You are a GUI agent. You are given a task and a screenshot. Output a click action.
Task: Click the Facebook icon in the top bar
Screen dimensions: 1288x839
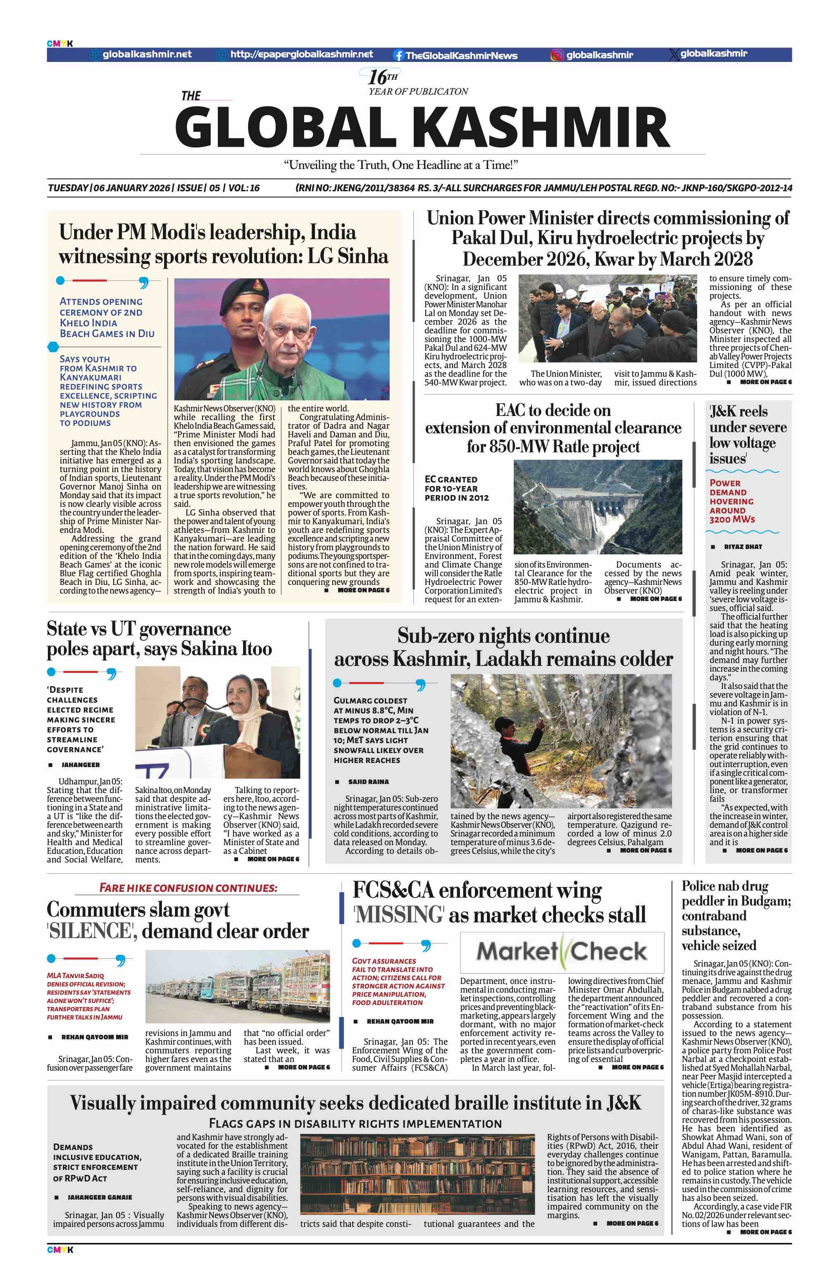(398, 55)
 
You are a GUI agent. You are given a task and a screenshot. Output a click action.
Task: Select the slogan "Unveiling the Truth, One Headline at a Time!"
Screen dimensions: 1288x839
(400, 165)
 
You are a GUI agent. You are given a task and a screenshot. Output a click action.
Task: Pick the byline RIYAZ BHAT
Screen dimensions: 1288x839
(743, 547)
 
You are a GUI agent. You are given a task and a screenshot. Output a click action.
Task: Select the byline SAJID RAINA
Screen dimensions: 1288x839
(368, 782)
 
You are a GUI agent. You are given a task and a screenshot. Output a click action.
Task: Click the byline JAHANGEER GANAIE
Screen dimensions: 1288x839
(100, 1198)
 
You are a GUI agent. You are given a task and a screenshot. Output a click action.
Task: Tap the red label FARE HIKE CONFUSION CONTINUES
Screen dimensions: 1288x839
(188, 888)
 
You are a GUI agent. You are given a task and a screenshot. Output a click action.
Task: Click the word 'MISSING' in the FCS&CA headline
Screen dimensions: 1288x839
(399, 915)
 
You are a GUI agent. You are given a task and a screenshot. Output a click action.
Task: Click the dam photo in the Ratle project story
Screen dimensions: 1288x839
(597, 506)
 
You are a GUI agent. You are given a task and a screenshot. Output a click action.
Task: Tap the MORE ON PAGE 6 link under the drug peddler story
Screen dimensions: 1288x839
(765, 1232)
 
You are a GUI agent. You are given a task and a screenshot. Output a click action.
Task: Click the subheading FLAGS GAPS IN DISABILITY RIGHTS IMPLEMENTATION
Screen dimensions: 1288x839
(355, 1124)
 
